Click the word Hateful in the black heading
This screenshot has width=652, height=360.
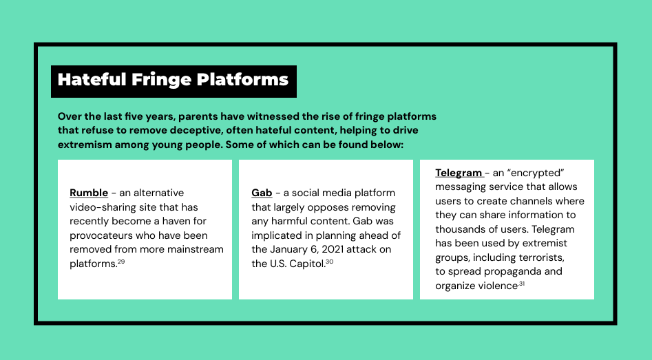pos(92,79)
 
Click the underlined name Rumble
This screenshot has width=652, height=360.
pos(89,193)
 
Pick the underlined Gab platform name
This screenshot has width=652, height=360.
pos(262,193)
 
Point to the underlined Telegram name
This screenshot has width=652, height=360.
pos(459,173)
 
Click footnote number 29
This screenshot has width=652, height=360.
pos(121,262)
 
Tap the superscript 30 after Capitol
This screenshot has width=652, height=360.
pos(329,262)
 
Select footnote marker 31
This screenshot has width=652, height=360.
pos(521,284)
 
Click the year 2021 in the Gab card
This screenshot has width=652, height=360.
pos(333,249)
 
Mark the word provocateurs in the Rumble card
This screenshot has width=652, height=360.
pos(101,235)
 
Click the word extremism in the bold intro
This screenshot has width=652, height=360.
pos(85,145)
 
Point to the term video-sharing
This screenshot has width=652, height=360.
pos(98,207)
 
